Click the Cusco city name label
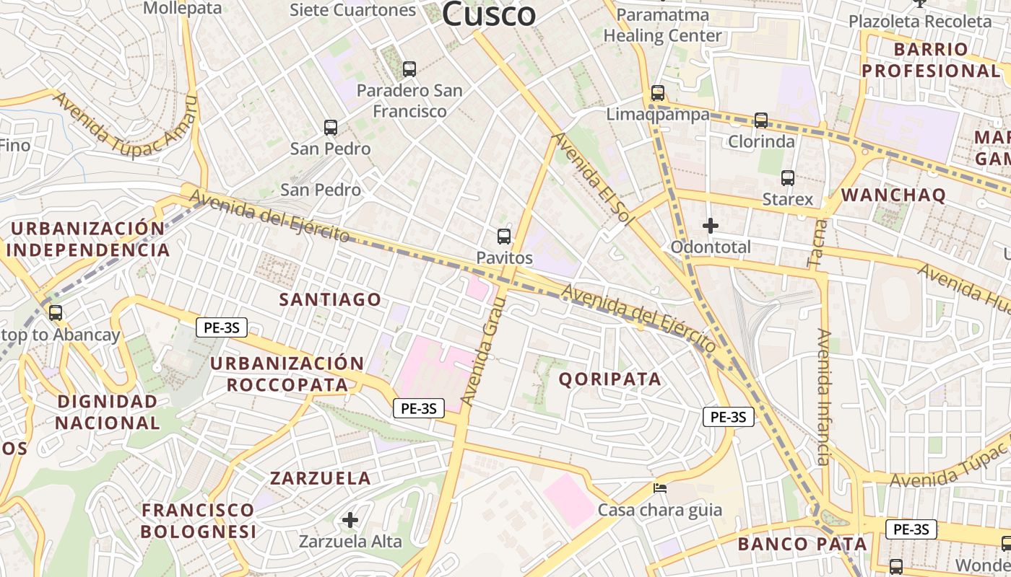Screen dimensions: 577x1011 point(489,13)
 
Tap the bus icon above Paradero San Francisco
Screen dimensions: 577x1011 point(409,69)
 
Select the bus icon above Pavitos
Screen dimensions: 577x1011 point(504,236)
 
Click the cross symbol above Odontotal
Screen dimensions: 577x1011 point(711,226)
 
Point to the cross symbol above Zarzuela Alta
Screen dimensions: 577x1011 point(350,519)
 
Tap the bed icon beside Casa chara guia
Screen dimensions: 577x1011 point(660,488)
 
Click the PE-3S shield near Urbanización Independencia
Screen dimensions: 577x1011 point(222,328)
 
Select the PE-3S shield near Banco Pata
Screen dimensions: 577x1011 point(911,529)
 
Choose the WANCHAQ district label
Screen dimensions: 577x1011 point(893,195)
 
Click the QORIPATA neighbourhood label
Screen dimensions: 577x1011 point(610,379)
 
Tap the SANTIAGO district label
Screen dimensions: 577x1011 point(330,299)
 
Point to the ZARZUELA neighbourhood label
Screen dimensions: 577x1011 point(321,477)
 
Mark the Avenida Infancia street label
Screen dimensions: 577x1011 point(824,397)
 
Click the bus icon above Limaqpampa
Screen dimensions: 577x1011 point(657,93)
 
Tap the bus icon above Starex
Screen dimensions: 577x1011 point(788,177)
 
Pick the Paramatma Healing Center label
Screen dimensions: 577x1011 point(662,25)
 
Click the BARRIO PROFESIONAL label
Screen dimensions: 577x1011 point(931,60)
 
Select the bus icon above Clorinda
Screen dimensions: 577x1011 point(761,120)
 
